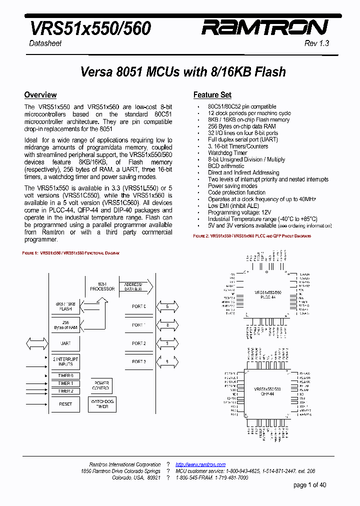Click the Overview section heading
click(x=40, y=95)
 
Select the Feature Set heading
click(x=212, y=95)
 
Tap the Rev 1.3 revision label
click(x=316, y=43)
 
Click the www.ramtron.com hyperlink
click(x=200, y=464)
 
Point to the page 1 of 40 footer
click(x=309, y=485)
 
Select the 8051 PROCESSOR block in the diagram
click(x=102, y=286)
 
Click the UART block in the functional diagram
click(x=65, y=343)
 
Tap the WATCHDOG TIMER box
click(x=102, y=404)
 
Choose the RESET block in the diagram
click(x=65, y=403)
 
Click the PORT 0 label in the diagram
click(x=138, y=306)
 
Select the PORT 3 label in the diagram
click(x=138, y=361)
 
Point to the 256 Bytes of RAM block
click(x=65, y=324)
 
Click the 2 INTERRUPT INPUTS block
click(x=65, y=361)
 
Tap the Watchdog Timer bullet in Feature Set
click(x=227, y=153)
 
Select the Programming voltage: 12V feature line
click(x=240, y=212)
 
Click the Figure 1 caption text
click(x=71, y=253)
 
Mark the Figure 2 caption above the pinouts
click(x=252, y=235)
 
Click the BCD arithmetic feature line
click(x=226, y=166)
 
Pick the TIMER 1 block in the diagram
click(x=65, y=383)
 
